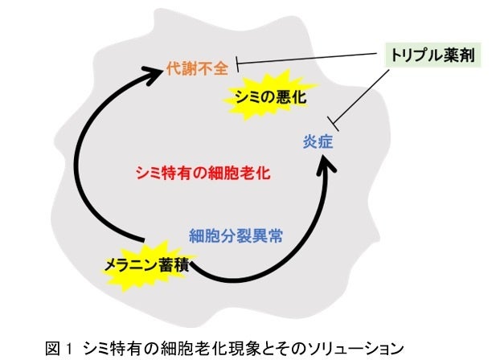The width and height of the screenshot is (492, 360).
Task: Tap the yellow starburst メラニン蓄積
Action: [146, 264]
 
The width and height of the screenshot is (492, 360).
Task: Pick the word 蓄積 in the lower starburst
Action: [174, 264]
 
